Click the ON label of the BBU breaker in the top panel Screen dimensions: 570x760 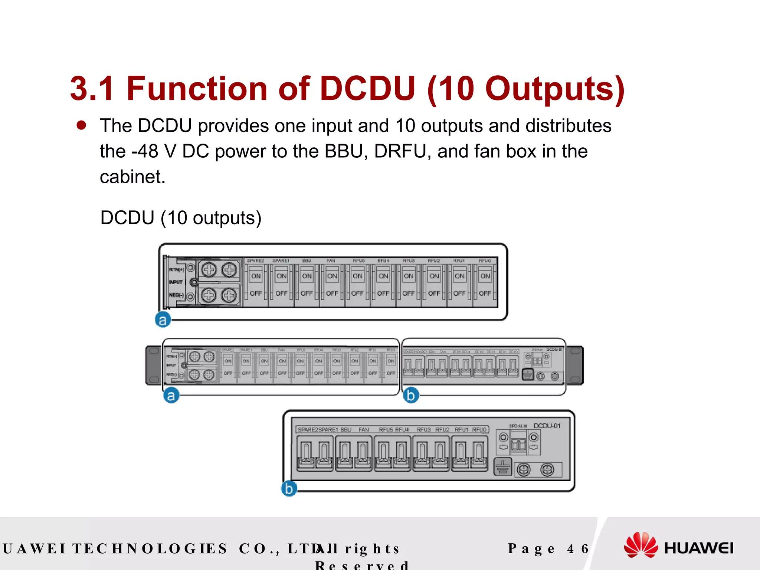click(x=307, y=276)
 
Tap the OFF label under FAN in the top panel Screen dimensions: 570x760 click(x=332, y=293)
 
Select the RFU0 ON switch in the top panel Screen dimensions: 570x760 click(x=485, y=276)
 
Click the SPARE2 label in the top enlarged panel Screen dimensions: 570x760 click(x=255, y=261)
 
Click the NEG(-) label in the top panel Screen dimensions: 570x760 click(x=176, y=295)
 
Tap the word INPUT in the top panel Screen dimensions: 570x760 click(x=176, y=282)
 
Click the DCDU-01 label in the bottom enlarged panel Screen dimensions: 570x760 click(x=547, y=426)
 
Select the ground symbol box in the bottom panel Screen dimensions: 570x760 click(x=503, y=467)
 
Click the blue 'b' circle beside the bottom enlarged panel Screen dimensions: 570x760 click(x=289, y=488)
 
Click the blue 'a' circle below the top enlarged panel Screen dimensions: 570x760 click(x=163, y=320)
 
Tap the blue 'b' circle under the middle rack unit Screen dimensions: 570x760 click(x=411, y=395)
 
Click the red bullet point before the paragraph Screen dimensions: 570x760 click(x=81, y=125)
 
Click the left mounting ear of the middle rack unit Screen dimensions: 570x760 click(x=153, y=365)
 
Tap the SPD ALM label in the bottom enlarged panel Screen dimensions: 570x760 click(x=518, y=426)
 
